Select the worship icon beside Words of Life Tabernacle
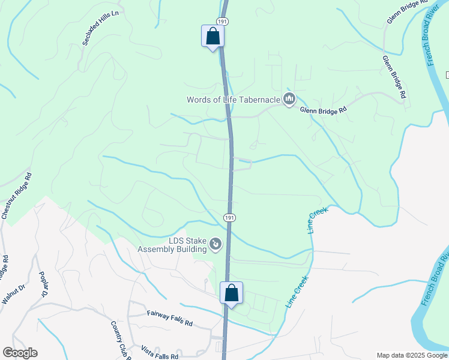point(289,99)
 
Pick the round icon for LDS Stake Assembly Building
point(215,244)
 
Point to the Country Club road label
point(121,340)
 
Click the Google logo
point(20,353)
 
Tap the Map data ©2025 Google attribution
point(411,355)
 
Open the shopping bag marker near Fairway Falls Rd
point(231,293)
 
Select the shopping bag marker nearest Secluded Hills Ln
point(212,36)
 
